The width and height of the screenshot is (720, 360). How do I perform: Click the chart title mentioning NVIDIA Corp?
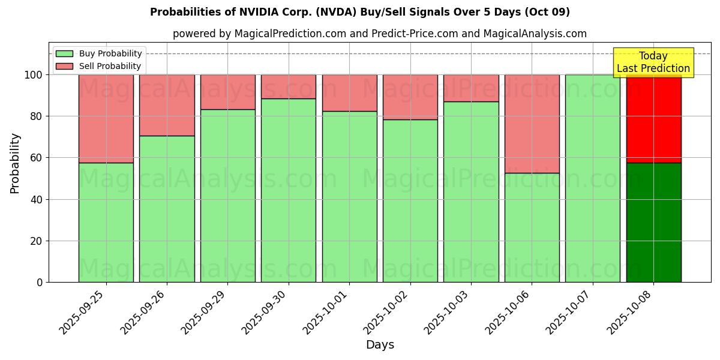click(x=360, y=12)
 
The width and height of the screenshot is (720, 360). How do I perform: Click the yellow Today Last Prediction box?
click(x=653, y=62)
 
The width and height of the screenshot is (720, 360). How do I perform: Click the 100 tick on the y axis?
click(x=35, y=75)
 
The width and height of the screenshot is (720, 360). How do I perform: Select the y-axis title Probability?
click(x=15, y=163)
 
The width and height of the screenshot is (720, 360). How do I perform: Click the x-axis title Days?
click(x=380, y=345)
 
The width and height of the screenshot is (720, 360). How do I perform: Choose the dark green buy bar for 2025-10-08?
click(x=653, y=222)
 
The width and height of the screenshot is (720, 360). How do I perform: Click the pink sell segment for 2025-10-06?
click(x=532, y=124)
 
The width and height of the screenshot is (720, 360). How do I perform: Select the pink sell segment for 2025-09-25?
click(x=106, y=119)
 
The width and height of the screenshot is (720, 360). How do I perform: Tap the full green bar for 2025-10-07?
click(x=592, y=178)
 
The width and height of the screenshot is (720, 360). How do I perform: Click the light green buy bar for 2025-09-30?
click(x=288, y=190)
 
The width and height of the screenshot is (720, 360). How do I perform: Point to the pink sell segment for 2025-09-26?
click(x=167, y=105)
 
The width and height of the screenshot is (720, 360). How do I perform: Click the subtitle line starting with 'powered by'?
click(x=380, y=34)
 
